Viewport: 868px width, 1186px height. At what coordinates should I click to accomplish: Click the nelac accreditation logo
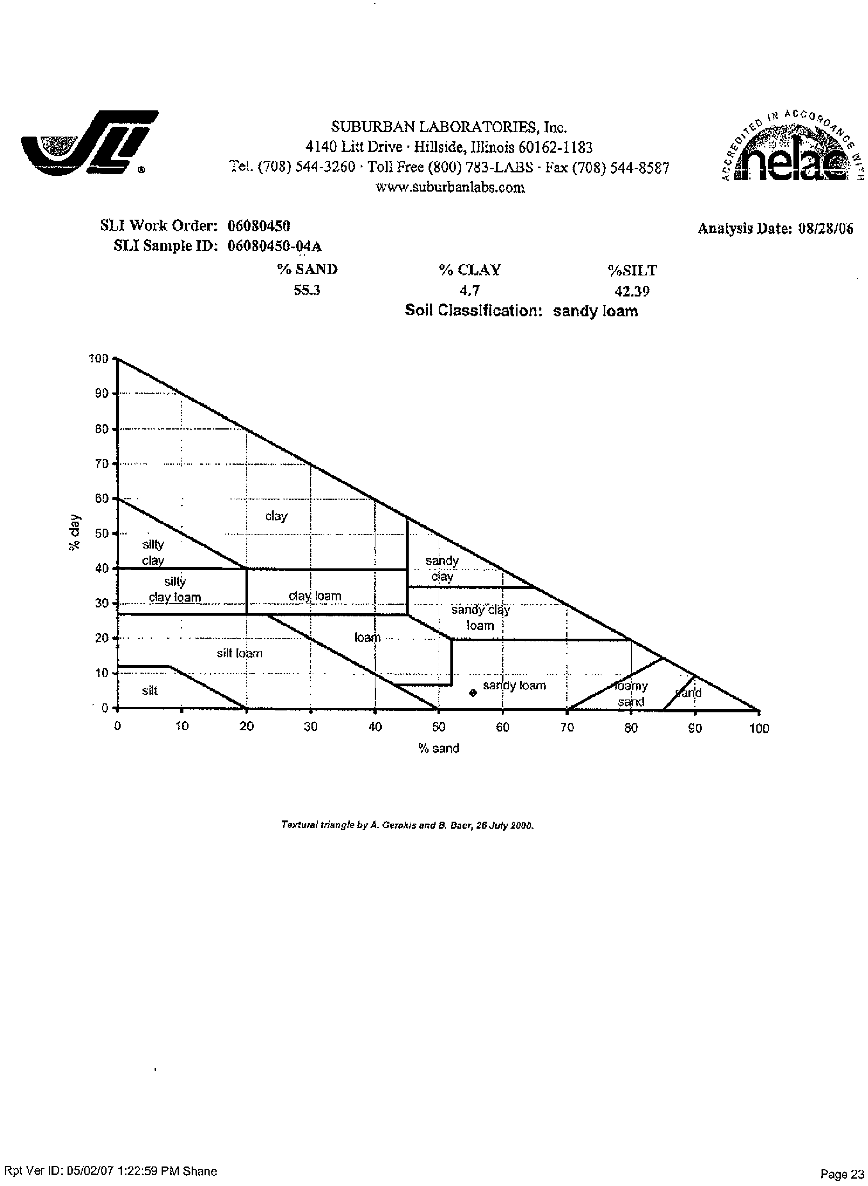coord(792,146)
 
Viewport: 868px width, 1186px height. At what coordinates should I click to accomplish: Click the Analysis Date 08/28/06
coord(825,229)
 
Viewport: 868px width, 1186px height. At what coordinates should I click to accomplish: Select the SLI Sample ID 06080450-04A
coord(275,246)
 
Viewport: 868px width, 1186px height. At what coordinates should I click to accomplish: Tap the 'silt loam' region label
coord(240,653)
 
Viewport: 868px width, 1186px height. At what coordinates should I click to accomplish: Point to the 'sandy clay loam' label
coord(480,618)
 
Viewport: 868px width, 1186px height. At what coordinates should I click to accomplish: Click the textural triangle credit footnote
coord(408,825)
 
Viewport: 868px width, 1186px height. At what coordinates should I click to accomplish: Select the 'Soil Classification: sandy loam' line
coord(521,311)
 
